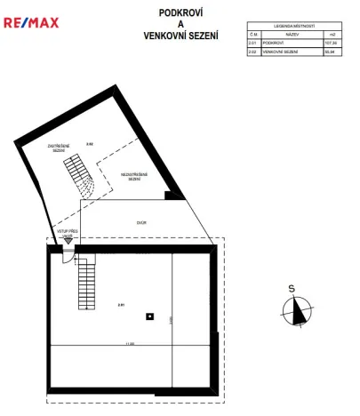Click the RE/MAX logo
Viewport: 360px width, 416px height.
30,21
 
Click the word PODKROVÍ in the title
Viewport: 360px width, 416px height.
180,14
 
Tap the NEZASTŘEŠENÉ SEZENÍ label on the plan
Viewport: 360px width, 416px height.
134,177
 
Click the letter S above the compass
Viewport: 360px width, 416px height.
291,287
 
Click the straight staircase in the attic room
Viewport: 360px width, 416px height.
86,281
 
